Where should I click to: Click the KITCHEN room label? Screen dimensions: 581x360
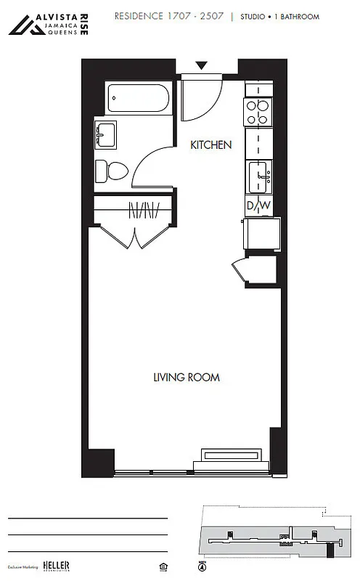point(210,145)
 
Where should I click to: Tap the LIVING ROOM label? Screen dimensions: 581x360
point(186,378)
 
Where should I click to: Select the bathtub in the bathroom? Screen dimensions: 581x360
point(138,98)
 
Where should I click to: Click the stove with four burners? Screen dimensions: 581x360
point(258,113)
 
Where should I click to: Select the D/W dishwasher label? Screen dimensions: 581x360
point(258,206)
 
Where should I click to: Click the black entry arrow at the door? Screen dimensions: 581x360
point(201,65)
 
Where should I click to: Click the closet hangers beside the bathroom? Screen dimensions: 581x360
point(143,211)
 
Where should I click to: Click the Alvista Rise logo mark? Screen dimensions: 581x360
point(25,25)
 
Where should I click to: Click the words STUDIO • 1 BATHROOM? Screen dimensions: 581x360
point(283,16)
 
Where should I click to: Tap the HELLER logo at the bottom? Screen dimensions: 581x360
point(55,565)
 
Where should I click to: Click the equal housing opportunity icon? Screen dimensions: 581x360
point(159,565)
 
